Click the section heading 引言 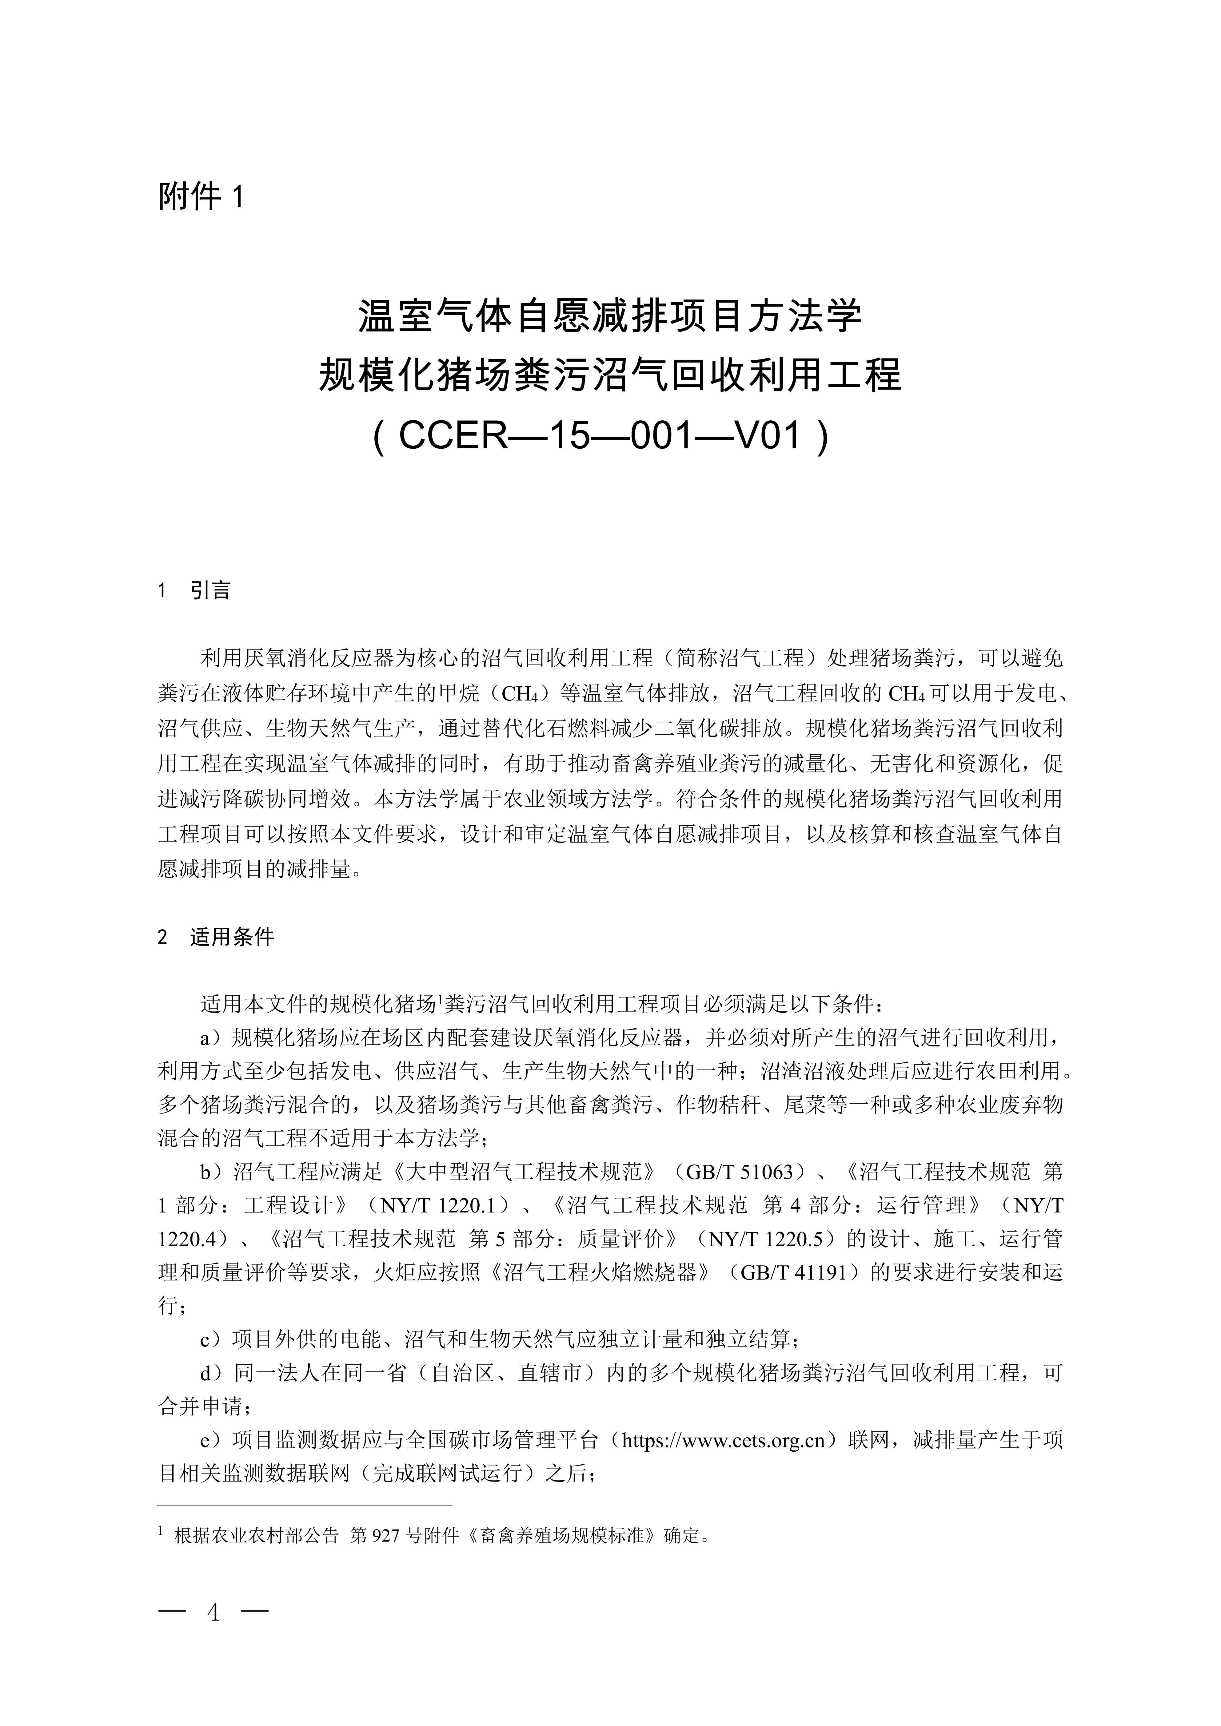coord(210,591)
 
